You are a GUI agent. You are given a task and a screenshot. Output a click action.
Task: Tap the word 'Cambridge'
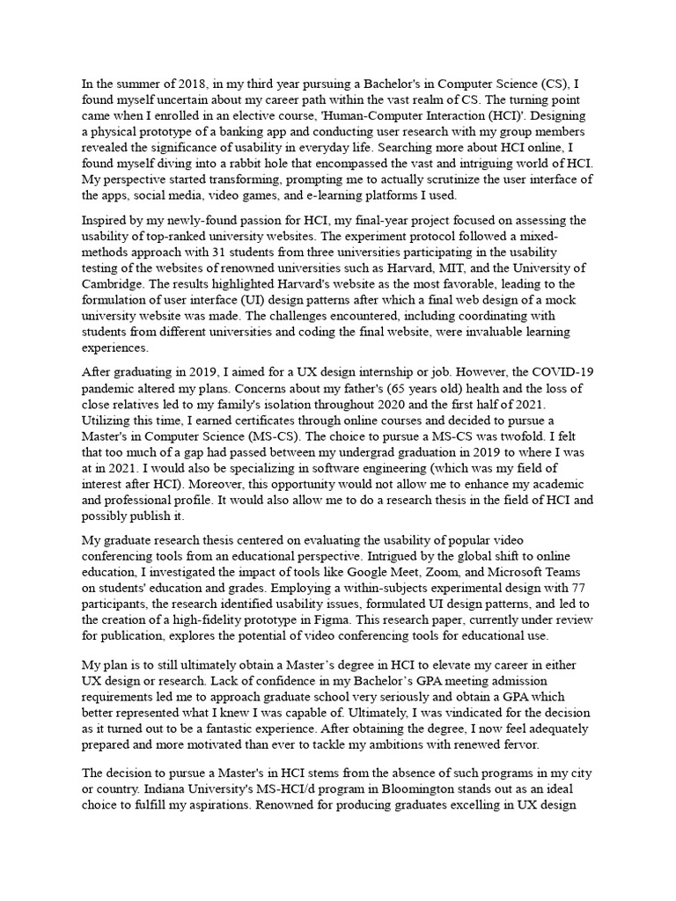pyautogui.click(x=113, y=283)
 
